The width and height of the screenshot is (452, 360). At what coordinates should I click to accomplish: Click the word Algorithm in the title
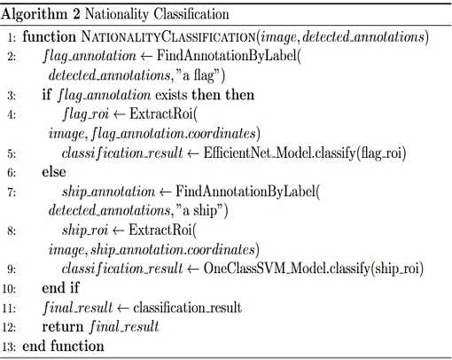coord(34,14)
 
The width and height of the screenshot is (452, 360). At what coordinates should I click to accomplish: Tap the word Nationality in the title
coord(117,14)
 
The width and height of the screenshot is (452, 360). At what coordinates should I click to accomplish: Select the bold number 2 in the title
coord(76,14)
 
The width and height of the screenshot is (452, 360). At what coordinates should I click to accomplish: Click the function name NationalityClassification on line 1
coord(168,37)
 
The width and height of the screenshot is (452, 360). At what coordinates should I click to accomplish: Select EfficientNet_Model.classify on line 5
coord(279,153)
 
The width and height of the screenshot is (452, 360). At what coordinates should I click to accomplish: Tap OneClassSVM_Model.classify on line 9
coord(287,269)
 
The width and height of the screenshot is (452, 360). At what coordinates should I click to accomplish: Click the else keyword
coord(54,172)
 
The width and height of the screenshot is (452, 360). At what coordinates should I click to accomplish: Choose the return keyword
coord(63,327)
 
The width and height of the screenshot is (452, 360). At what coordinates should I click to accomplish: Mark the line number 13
coord(9,347)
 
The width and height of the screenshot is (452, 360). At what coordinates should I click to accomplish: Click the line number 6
coord(12,173)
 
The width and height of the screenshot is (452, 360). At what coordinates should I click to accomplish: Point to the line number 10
coord(9,288)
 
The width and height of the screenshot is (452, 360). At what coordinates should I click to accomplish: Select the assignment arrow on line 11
coord(122,309)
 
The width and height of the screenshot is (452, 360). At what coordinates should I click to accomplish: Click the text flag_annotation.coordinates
coord(174,133)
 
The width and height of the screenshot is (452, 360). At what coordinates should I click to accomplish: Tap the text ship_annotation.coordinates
coord(173,249)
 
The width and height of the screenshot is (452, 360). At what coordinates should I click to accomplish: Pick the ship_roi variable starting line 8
coord(85,230)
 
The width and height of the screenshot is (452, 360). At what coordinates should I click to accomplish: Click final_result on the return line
coord(124,327)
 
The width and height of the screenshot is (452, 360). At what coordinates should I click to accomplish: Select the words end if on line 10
coord(60,287)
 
